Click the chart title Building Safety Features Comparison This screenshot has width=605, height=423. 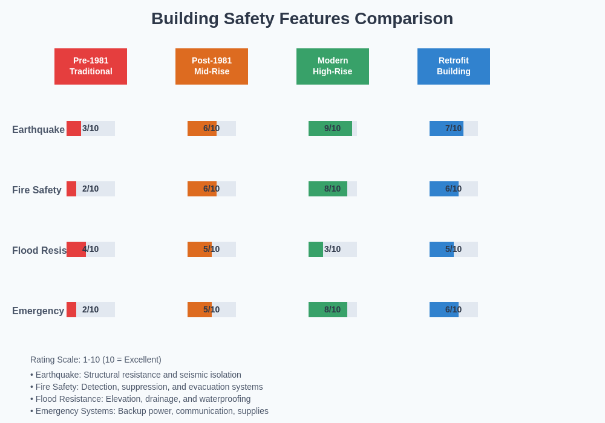[x=302, y=19]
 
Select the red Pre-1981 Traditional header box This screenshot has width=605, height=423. [x=91, y=66]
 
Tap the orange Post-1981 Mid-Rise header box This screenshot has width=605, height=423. [x=212, y=66]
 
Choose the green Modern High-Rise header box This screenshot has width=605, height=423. [x=333, y=66]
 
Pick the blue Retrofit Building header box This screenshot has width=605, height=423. [x=454, y=66]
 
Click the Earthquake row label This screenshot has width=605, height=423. [x=38, y=129]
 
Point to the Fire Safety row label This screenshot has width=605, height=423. [x=37, y=190]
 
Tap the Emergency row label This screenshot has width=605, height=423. [x=38, y=311]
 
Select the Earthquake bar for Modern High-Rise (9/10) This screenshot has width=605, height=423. [x=330, y=128]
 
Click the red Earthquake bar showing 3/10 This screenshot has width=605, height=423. [x=74, y=128]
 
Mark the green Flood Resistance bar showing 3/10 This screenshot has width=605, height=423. [x=316, y=249]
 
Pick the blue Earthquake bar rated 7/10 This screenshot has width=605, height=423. [x=446, y=128]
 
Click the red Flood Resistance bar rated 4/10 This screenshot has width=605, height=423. [x=76, y=249]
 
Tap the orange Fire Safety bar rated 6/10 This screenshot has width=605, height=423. [x=202, y=189]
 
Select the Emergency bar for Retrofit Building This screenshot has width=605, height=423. [x=444, y=309]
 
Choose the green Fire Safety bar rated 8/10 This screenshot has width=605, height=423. [x=328, y=189]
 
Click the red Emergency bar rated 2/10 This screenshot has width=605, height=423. [x=71, y=309]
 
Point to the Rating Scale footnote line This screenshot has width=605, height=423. [x=96, y=360]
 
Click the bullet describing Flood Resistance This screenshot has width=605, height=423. [x=140, y=399]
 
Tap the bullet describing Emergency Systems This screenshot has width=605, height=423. [x=149, y=411]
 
